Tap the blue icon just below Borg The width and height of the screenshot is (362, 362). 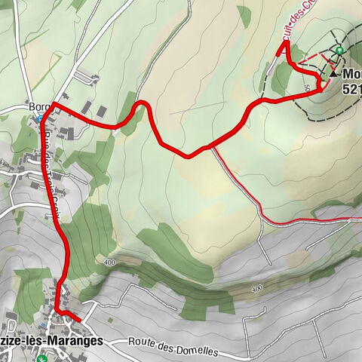pos(39,119)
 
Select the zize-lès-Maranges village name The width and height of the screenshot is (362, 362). pos(51,341)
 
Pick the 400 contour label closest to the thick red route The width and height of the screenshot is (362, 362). pos(111,262)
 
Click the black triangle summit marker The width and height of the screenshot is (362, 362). pos(333,75)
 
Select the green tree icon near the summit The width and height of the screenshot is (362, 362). pos(340,51)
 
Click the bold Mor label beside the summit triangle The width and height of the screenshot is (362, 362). pos(351,75)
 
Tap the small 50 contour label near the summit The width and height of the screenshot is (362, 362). pos(308,88)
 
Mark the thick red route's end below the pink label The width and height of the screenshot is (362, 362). pos(286,45)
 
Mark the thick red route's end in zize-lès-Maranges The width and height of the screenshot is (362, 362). pos(79,321)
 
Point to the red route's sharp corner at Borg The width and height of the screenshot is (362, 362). pos(53,104)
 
